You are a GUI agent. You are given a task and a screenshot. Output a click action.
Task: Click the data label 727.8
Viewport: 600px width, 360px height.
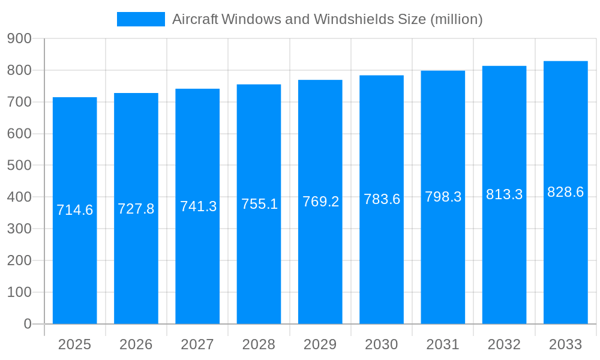(x=136, y=209)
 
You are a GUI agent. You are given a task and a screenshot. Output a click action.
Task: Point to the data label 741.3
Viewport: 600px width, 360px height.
(x=198, y=206)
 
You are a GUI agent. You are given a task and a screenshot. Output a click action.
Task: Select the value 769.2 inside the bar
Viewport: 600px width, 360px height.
(x=320, y=202)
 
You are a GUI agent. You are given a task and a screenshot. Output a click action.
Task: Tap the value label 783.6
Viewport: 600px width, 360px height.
(x=382, y=199)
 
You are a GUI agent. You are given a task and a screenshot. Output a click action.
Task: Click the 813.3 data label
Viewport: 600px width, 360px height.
(x=504, y=194)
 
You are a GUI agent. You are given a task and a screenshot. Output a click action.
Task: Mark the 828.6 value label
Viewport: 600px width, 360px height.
(x=565, y=192)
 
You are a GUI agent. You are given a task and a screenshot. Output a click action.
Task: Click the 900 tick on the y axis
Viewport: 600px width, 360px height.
(x=19, y=38)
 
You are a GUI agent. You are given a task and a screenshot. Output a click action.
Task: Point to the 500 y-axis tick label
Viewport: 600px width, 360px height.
(x=19, y=165)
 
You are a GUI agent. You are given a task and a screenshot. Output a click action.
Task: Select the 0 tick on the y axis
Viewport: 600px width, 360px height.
(x=27, y=324)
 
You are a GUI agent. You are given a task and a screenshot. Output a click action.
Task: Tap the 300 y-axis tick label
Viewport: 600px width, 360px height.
(x=19, y=229)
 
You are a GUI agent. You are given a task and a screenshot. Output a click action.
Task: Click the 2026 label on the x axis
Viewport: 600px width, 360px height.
(x=136, y=344)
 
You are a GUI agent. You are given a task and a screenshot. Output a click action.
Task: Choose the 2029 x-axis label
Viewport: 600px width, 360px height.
(x=320, y=344)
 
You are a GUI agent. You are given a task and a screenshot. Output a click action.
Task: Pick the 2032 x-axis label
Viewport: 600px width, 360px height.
(x=504, y=344)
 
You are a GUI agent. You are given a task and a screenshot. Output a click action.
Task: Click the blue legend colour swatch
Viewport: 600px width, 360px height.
(x=141, y=19)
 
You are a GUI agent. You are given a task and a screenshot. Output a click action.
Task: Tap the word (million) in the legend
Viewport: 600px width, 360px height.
(x=457, y=19)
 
